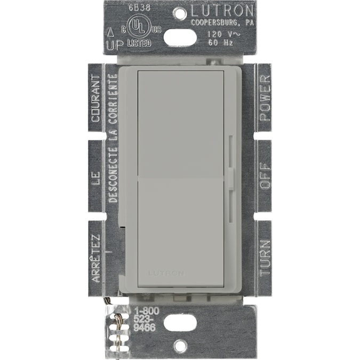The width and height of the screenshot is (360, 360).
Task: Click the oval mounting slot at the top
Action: pyautogui.click(x=180, y=37)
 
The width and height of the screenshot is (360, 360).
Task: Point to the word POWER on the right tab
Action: pyautogui.click(x=265, y=90)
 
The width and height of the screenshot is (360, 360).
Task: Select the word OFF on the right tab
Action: pyautogui.click(x=265, y=176)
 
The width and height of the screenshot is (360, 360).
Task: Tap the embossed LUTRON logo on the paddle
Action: pyautogui.click(x=166, y=273)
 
